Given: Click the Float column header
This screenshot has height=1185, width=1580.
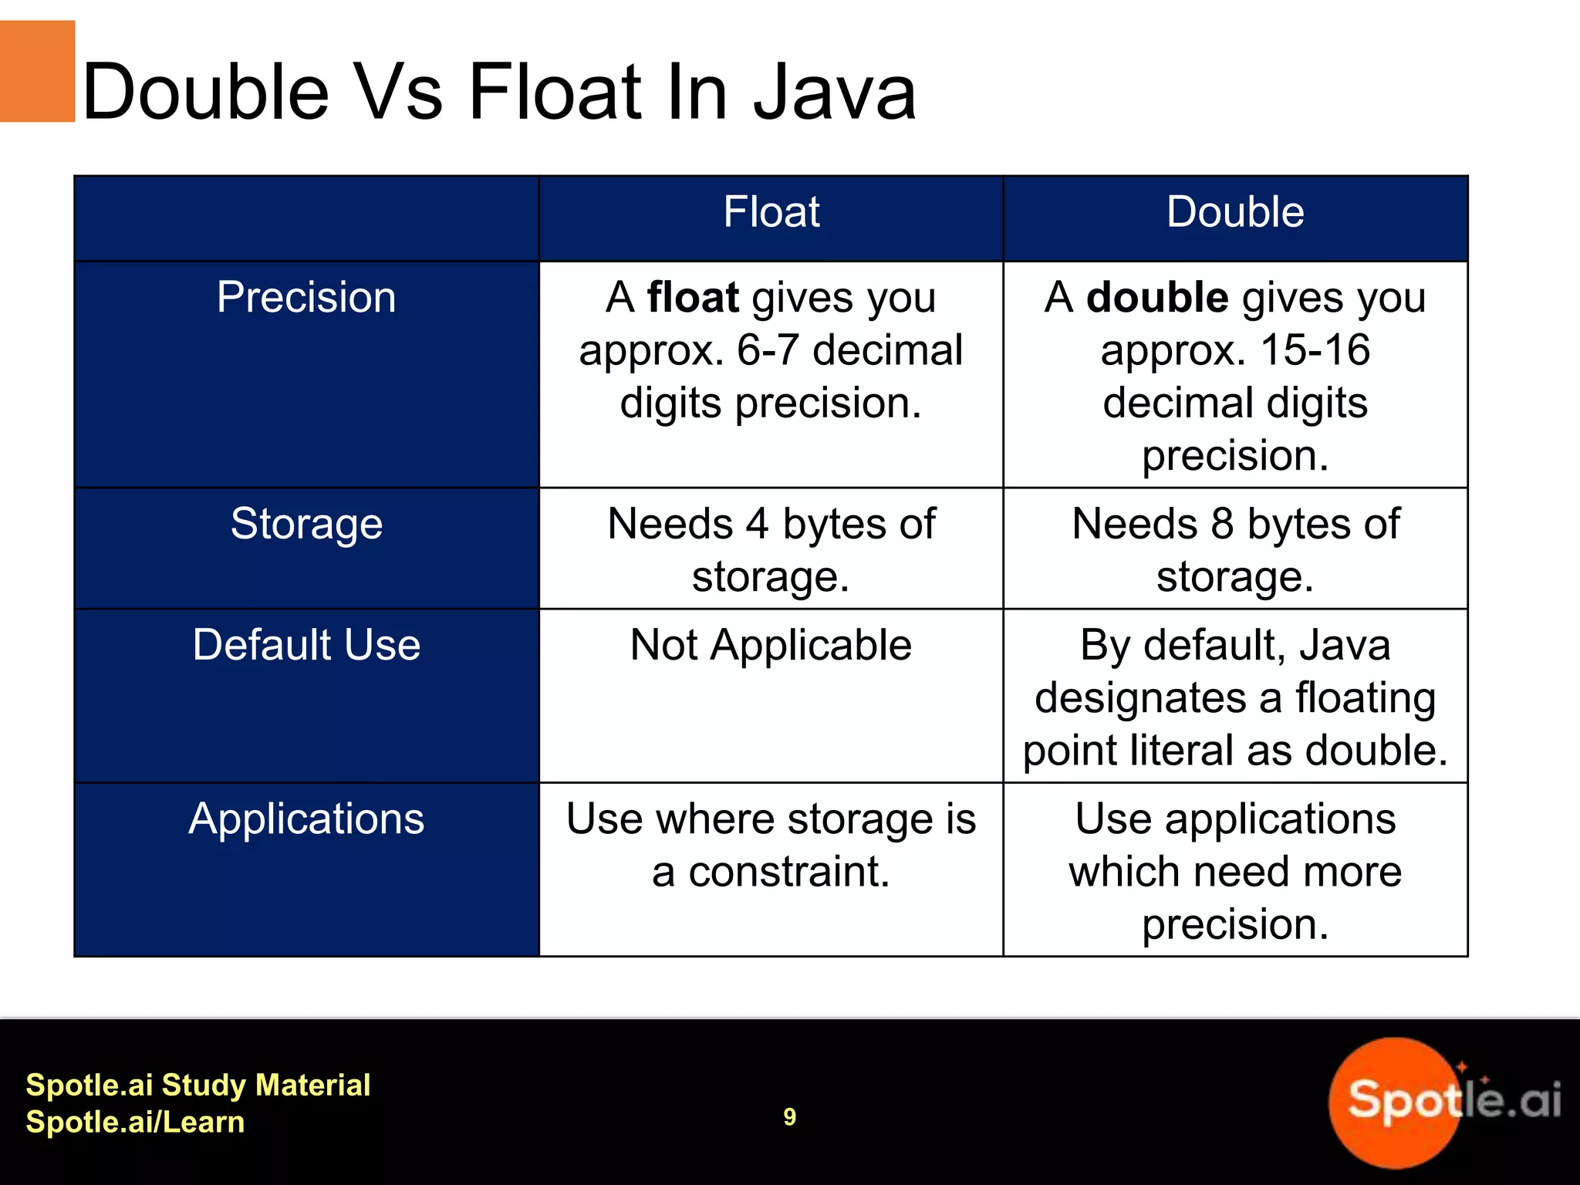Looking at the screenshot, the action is (771, 212).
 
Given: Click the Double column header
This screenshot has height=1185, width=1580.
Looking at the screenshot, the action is (1234, 212).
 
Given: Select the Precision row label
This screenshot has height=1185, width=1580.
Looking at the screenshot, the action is (306, 298).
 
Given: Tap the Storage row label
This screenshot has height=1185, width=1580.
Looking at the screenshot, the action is (306, 524).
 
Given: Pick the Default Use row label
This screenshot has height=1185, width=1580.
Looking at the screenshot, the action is (306, 645).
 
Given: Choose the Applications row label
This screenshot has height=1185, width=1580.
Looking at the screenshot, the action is (306, 819).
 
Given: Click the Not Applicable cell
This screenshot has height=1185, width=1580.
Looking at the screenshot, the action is (771, 645).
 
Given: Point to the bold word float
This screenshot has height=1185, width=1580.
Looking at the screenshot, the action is (693, 298).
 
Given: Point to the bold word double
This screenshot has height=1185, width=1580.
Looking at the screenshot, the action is (1157, 298).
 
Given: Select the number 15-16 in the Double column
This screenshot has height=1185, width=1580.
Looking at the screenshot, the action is (1315, 350).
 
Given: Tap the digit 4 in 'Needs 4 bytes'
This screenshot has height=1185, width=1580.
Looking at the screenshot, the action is (757, 524).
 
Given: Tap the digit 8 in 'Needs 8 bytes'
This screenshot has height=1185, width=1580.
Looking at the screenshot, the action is (1222, 524).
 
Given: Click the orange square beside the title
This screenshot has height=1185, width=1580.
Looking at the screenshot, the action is (37, 71).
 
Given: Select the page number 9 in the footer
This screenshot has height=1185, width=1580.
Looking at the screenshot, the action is (789, 1116).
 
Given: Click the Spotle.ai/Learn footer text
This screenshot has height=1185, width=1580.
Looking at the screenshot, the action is (135, 1122).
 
